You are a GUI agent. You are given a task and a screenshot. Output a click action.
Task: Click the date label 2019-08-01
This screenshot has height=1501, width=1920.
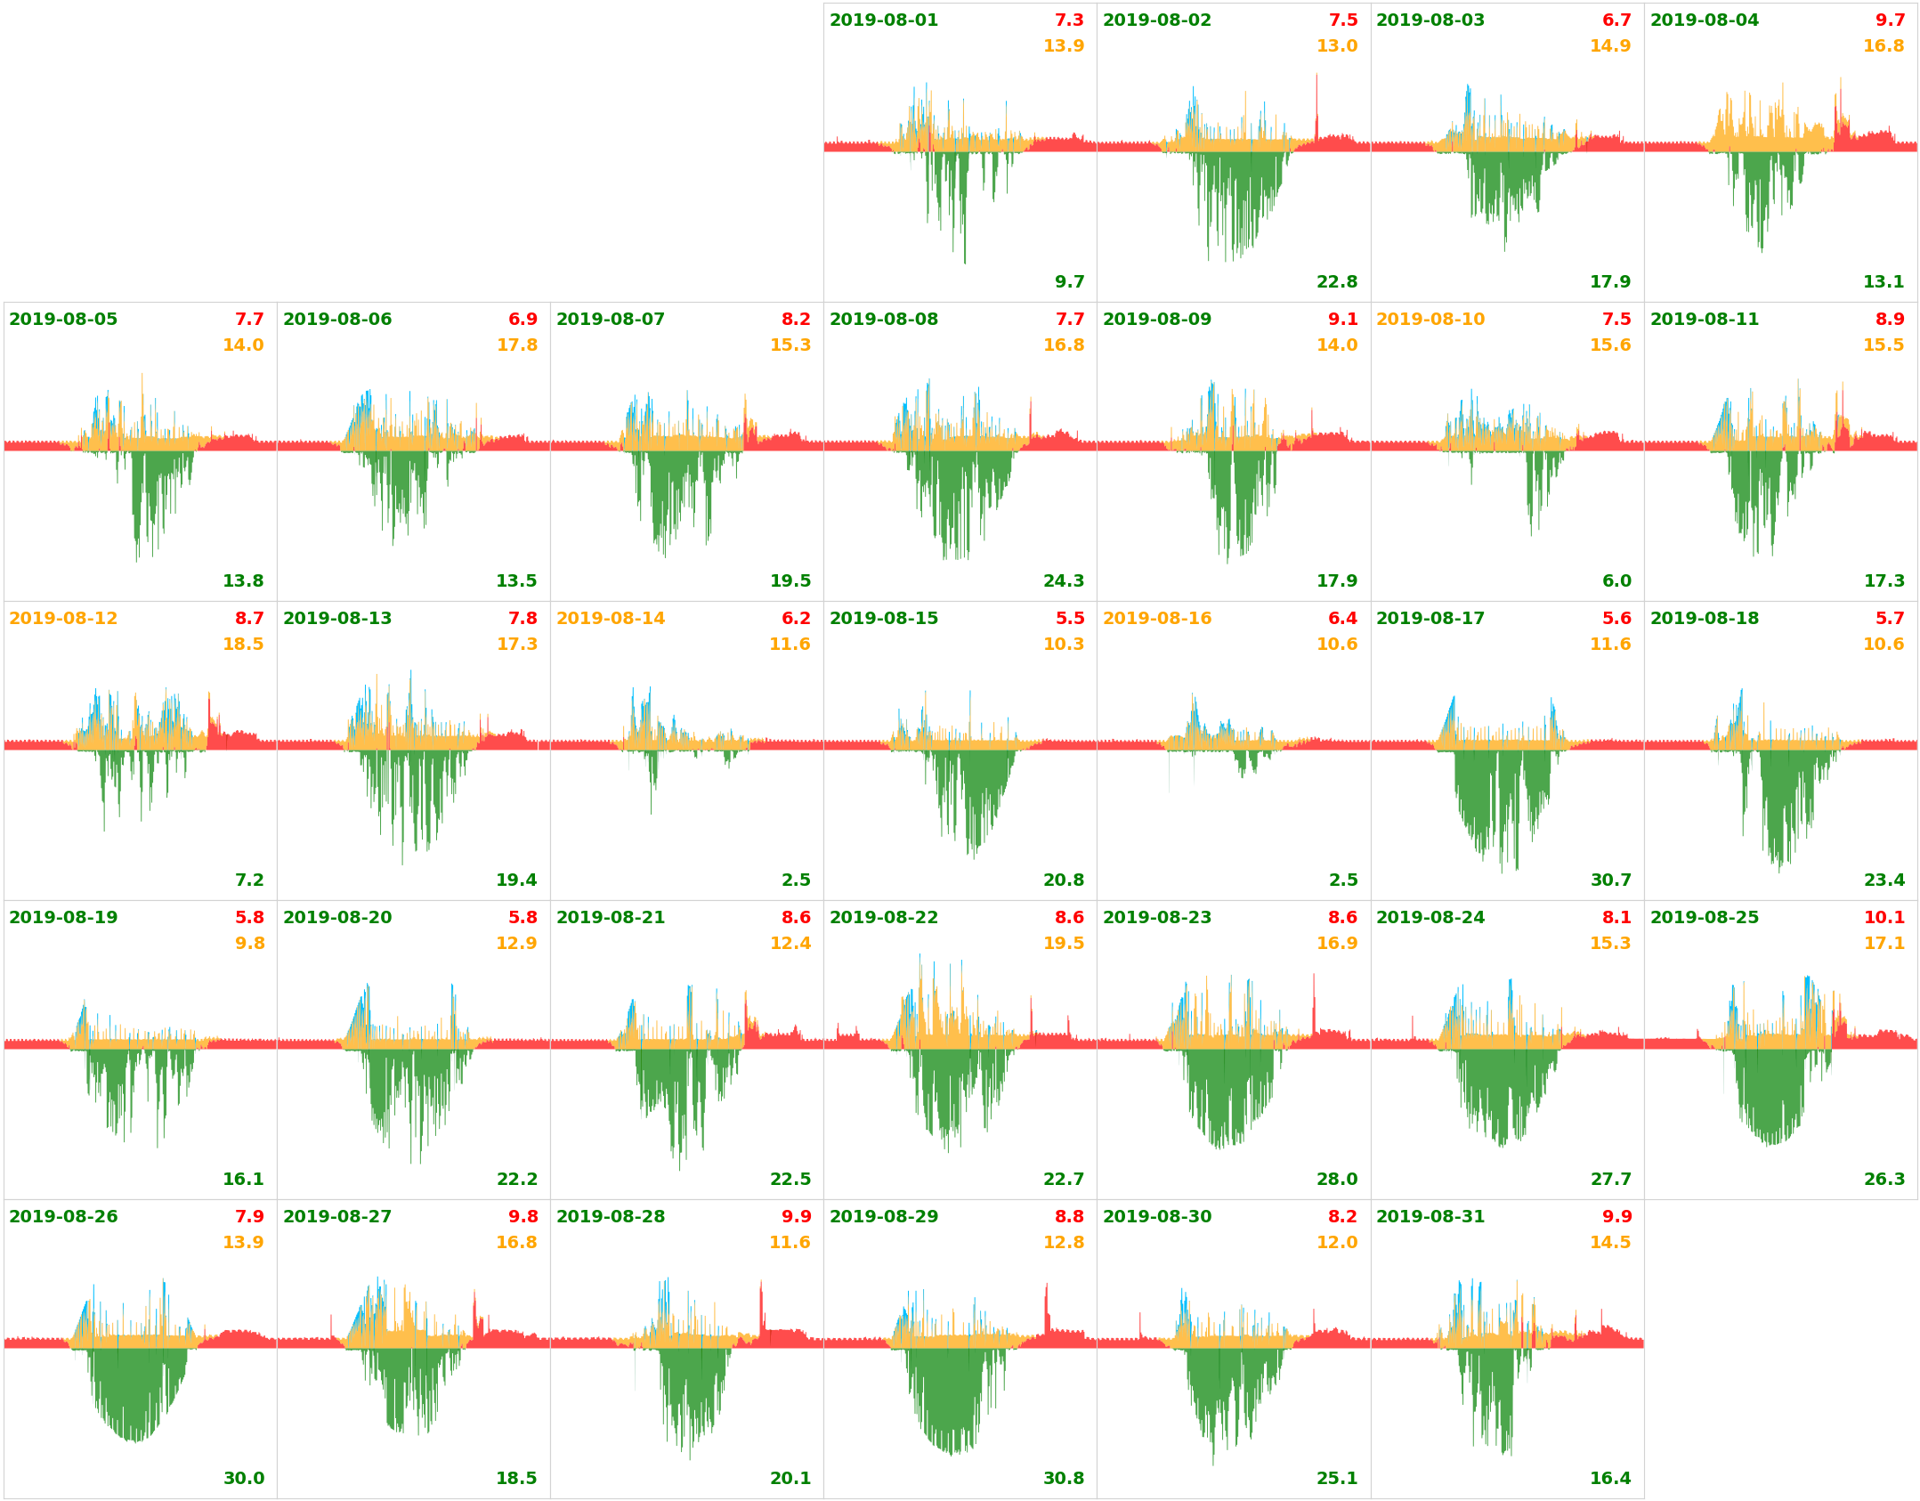(x=883, y=20)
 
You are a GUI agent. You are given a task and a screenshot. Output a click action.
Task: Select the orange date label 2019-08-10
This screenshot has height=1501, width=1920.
(x=1430, y=320)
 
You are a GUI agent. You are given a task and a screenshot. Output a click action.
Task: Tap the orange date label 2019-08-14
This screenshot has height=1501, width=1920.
(x=610, y=619)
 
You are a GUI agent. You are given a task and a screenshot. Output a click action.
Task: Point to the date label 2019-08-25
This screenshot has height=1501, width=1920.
(x=1704, y=918)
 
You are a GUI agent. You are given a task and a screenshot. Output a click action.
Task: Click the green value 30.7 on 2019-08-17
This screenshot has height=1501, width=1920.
(x=1610, y=880)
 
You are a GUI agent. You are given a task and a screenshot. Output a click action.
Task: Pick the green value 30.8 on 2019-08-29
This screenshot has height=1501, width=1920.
(x=1063, y=1479)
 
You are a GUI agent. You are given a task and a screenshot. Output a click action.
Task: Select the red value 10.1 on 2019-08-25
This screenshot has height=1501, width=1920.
(x=1884, y=918)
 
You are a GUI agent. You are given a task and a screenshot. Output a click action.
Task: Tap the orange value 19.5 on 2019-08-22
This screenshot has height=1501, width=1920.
(x=1063, y=944)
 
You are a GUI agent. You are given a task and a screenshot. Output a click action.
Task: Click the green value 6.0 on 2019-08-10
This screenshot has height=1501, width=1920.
(x=1616, y=581)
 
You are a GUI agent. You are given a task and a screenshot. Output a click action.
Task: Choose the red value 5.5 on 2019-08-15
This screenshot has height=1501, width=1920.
(x=1069, y=619)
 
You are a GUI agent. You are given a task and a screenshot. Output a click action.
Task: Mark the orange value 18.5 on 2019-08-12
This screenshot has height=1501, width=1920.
(x=243, y=645)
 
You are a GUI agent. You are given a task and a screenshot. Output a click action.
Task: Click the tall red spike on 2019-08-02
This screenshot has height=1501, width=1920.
(x=1316, y=107)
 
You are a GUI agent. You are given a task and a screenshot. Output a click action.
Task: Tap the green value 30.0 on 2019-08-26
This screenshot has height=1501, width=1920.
(x=243, y=1479)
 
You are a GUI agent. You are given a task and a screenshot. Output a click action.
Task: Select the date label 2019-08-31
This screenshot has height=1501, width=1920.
(x=1430, y=1217)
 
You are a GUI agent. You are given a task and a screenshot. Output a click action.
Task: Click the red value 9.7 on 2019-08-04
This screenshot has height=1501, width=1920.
(x=1890, y=20)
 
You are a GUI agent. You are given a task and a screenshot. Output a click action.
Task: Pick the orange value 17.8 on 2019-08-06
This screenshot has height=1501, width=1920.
(x=516, y=345)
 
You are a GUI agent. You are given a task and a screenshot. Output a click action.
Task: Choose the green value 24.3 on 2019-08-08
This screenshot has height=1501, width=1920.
(x=1063, y=581)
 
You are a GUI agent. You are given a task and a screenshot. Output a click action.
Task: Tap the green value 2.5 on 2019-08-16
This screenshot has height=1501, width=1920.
(x=1343, y=880)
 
